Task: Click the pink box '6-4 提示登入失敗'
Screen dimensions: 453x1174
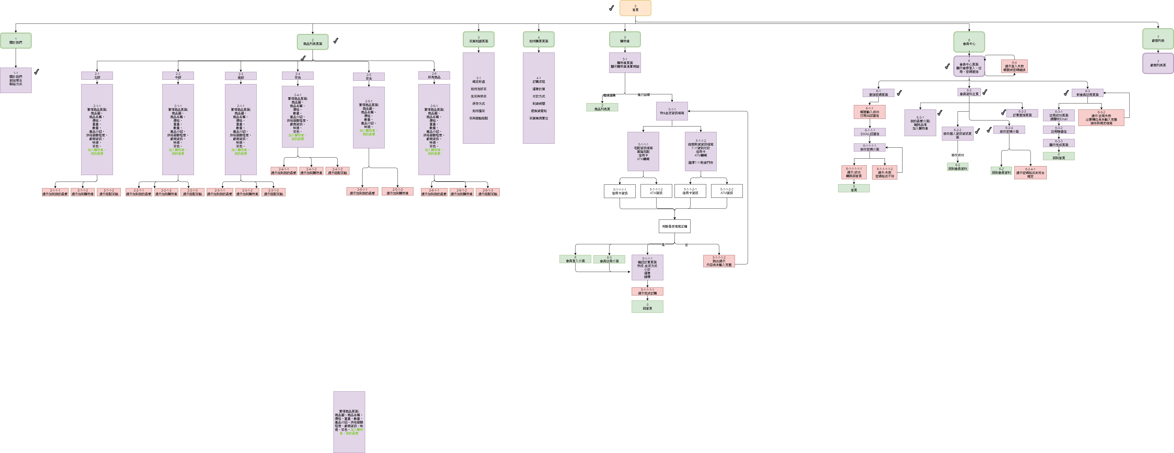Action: pyautogui.click(x=1014, y=67)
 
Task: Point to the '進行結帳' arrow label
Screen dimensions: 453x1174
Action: pyautogui.click(x=643, y=95)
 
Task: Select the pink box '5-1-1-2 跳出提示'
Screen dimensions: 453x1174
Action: pyautogui.click(x=719, y=261)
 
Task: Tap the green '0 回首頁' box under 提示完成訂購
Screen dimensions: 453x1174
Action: pyautogui.click(x=647, y=307)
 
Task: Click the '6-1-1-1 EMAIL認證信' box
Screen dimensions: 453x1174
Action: pyautogui.click(x=870, y=132)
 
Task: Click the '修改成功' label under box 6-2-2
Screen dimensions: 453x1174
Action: pyautogui.click(x=958, y=155)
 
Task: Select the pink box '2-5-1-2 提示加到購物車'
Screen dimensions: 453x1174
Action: pyautogui.click(x=398, y=191)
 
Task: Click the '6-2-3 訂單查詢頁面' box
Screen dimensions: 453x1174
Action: pyautogui.click(x=1022, y=113)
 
